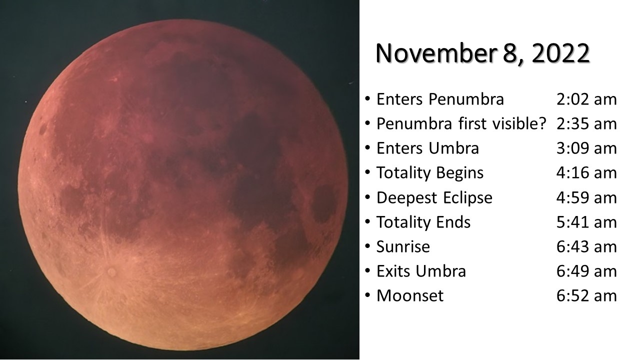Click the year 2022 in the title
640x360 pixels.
[x=560, y=53]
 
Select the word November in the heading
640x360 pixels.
[x=435, y=53]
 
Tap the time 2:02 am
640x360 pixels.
[x=586, y=99]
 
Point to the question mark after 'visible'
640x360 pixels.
[x=541, y=123]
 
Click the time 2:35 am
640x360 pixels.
[x=586, y=123]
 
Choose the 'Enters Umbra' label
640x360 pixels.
[x=427, y=148]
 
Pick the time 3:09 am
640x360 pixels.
[x=586, y=148]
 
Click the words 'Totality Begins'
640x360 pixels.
[x=430, y=173]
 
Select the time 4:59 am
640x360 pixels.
[x=586, y=197]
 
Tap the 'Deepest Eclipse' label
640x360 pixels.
[x=434, y=197]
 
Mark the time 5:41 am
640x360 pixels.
[x=586, y=222]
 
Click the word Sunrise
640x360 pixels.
[x=403, y=246]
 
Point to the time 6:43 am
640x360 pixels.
[x=586, y=246]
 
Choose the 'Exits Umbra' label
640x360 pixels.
[x=421, y=271]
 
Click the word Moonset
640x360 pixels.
[x=410, y=295]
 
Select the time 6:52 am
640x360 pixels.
[x=586, y=295]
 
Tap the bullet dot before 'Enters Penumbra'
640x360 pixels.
[x=367, y=99]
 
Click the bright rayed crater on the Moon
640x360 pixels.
[x=111, y=271]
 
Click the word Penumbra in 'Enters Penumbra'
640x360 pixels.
[x=466, y=99]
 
